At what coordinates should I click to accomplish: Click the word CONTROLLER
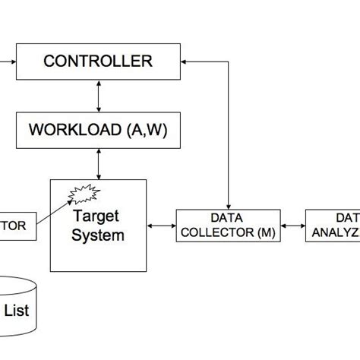pos(97,62)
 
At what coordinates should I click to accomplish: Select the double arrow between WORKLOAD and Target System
pos(98,163)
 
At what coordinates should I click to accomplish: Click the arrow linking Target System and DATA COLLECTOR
pos(161,226)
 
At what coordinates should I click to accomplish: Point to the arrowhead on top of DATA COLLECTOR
pos(228,204)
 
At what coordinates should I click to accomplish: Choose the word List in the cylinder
pos(17,310)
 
